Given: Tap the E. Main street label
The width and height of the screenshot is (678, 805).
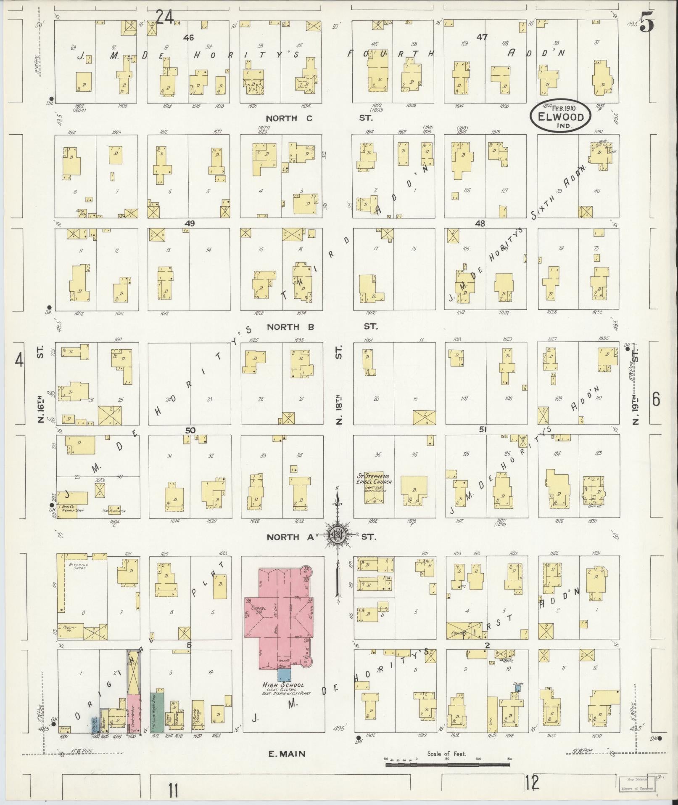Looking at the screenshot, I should tap(287, 754).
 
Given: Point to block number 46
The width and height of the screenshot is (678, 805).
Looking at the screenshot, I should tap(188, 38).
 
